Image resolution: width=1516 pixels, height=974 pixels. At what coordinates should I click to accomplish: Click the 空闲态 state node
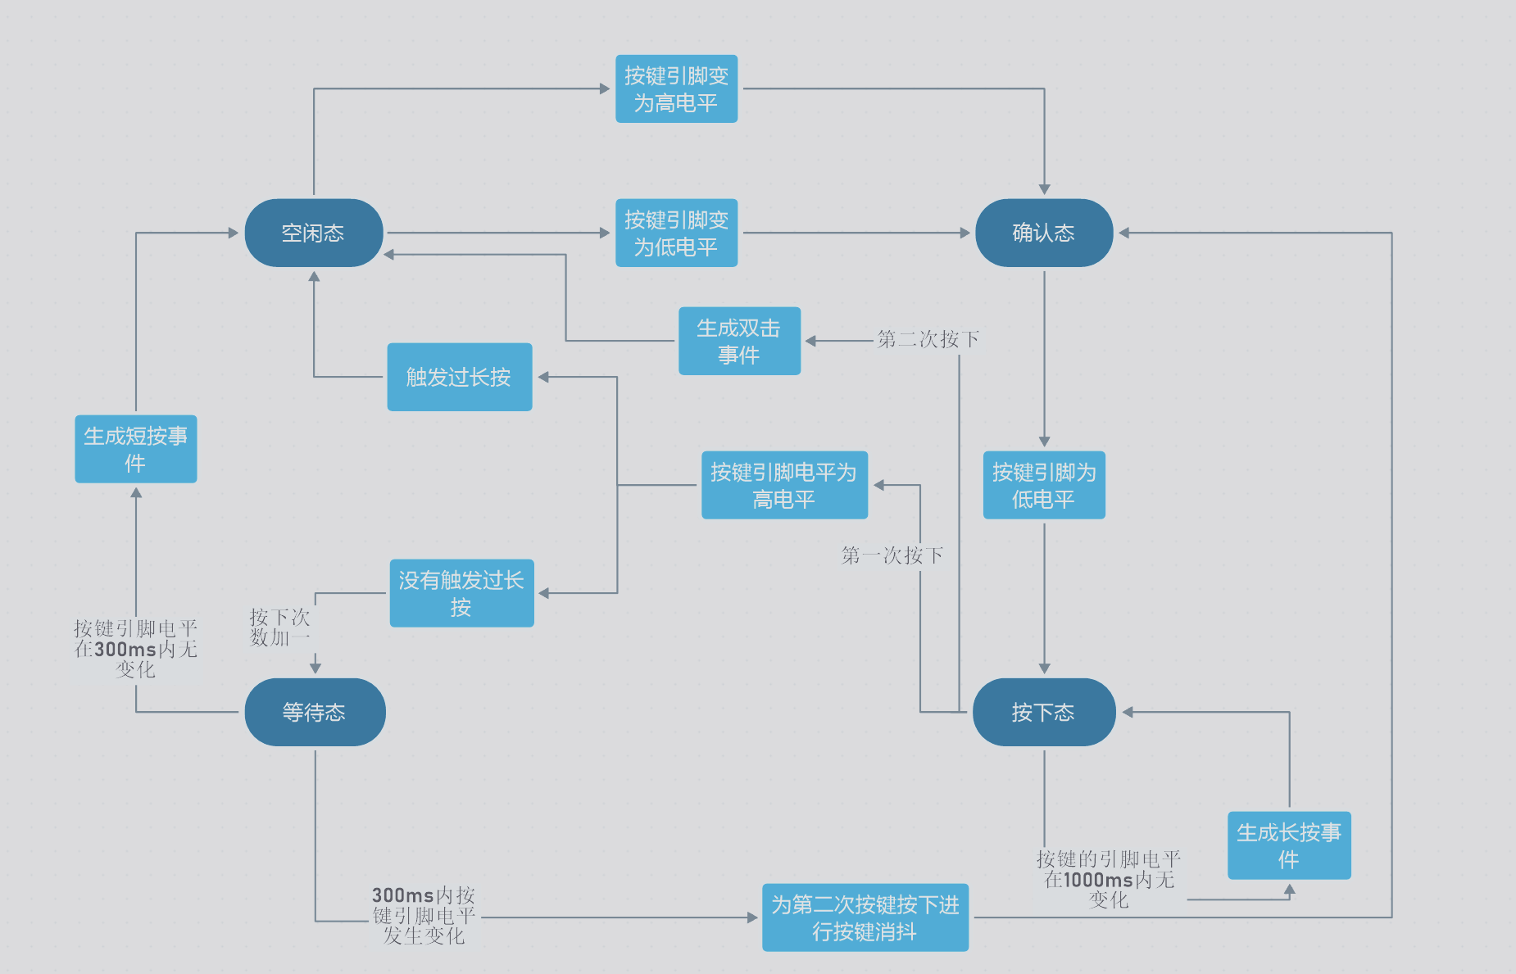[313, 233]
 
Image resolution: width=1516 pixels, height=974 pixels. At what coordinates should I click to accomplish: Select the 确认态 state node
[1043, 233]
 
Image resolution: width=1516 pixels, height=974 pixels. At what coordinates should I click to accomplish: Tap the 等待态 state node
[314, 712]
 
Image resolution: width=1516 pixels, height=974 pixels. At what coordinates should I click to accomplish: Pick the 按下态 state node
[1043, 712]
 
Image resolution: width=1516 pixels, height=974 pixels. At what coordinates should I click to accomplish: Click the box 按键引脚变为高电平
[676, 88]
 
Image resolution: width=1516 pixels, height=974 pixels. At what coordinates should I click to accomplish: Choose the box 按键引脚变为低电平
[676, 233]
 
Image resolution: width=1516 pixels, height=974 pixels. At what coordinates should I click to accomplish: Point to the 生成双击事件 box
[739, 341]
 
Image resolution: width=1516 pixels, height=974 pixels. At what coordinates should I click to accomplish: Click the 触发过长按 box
[459, 377]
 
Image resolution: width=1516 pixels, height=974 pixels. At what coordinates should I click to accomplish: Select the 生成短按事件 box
[135, 449]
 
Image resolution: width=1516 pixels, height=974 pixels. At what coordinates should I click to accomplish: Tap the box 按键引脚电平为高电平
[784, 485]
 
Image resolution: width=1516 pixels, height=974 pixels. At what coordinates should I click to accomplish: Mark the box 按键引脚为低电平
[1043, 485]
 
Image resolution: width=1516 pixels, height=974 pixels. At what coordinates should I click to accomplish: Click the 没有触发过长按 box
[461, 593]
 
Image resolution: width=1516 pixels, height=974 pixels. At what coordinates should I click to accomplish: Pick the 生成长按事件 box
[1288, 845]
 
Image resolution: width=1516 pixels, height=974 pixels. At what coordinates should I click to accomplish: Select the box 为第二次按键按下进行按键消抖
[865, 917]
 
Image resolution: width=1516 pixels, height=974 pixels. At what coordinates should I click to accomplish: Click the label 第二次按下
[928, 339]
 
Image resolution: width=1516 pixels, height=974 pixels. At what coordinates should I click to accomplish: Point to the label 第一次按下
[892, 555]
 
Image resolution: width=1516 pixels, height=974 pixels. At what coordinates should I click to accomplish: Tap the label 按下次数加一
[279, 627]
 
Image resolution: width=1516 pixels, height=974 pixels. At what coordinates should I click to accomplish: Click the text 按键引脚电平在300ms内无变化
[135, 649]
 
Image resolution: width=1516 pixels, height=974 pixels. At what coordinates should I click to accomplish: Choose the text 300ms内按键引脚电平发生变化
[424, 915]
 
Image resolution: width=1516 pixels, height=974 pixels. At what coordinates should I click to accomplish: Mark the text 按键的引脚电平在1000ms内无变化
[1109, 879]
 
